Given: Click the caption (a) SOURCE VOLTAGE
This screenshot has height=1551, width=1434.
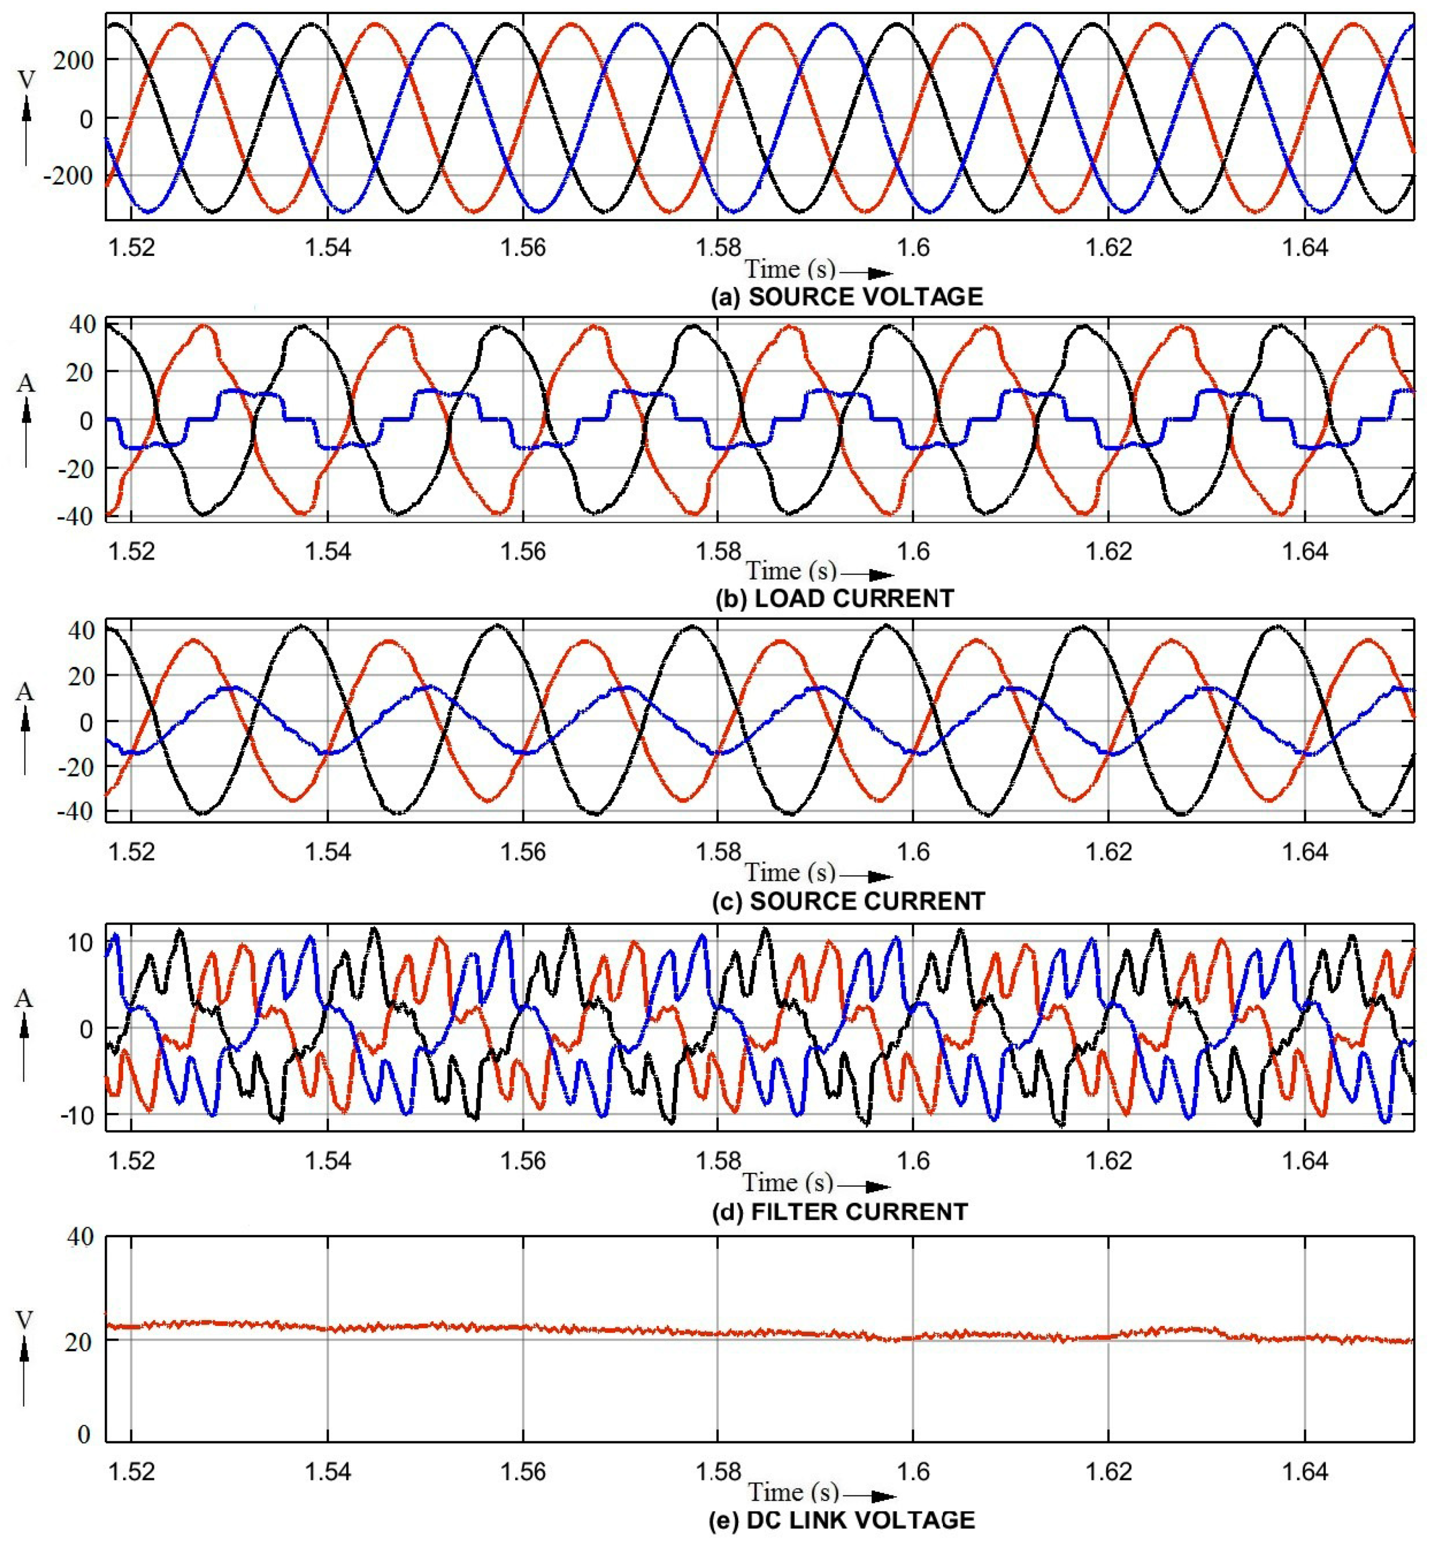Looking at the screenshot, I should coord(847,297).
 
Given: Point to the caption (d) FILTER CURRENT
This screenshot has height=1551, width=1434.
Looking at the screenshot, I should coord(840,1212).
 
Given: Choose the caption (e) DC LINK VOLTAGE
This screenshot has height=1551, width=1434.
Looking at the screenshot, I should coord(842,1520).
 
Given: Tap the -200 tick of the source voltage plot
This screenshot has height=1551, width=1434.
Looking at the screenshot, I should coord(68,176).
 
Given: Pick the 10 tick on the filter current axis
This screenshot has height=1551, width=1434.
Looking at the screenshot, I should coord(79,943).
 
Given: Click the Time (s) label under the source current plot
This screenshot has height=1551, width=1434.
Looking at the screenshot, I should coord(790,872).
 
